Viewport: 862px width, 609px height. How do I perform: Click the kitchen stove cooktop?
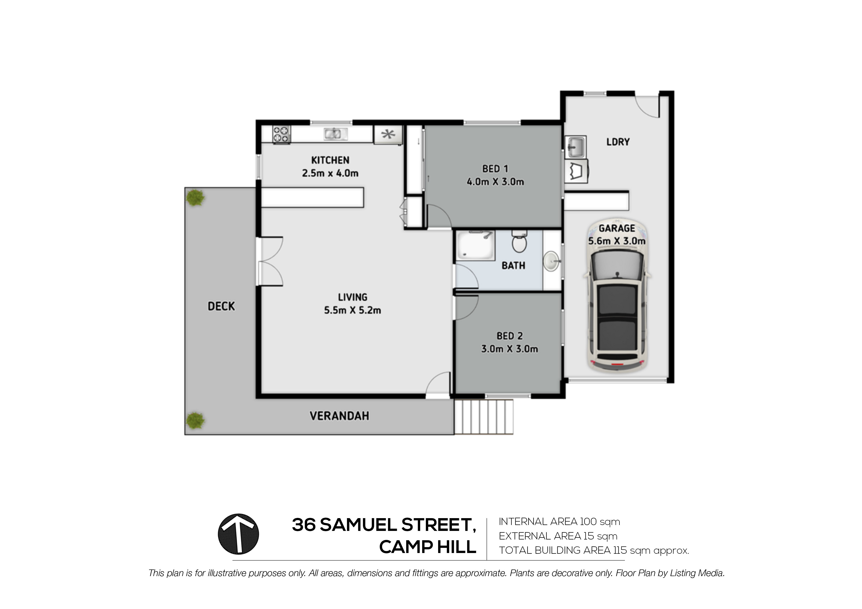[282, 134]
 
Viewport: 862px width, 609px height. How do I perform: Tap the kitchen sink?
[336, 134]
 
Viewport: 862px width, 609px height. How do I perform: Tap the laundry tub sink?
[575, 147]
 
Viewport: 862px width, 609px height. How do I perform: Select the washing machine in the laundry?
[576, 171]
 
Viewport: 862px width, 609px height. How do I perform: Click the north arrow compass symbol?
[238, 534]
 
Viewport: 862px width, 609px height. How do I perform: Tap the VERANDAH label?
[339, 416]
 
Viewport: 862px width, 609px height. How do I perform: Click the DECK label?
[221, 306]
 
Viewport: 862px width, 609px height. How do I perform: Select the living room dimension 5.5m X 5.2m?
[353, 310]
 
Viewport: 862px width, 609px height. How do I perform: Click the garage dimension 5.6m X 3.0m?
[617, 241]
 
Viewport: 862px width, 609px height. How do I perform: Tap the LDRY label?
[618, 142]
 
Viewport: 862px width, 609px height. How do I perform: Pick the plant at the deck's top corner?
[195, 198]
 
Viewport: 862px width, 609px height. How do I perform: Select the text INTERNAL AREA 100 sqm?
[560, 522]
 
